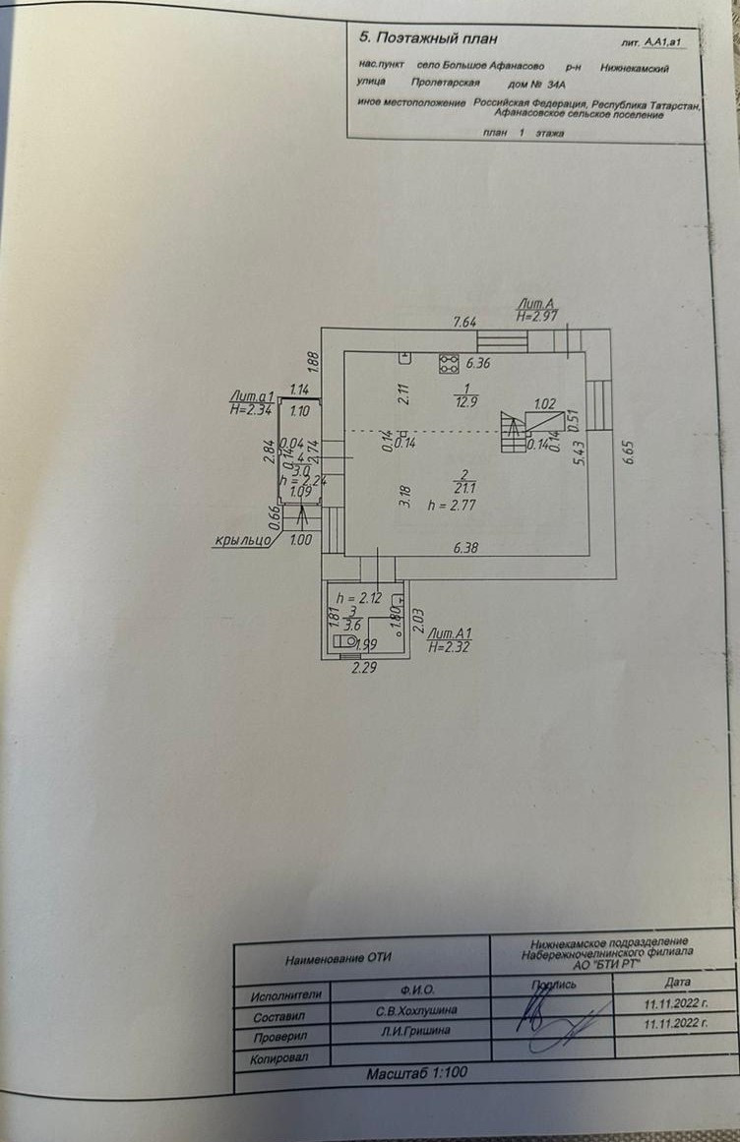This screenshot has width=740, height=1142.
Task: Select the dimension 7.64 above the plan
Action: [464, 322]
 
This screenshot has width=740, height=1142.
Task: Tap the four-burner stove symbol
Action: [449, 363]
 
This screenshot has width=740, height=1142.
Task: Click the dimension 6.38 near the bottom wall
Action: [466, 549]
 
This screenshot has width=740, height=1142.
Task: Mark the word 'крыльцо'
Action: [245, 540]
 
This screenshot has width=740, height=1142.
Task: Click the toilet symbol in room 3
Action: [344, 640]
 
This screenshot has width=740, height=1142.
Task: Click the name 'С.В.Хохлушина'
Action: [410, 1010]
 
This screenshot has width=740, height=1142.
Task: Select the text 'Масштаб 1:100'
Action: [417, 1074]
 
